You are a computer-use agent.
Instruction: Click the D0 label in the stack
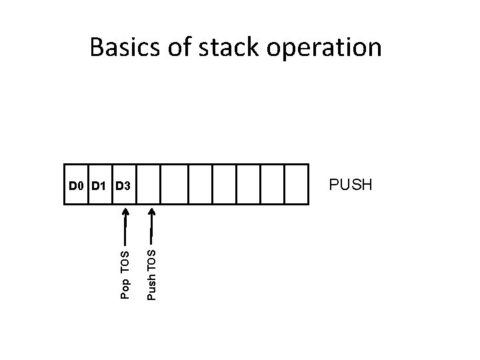[x=76, y=184]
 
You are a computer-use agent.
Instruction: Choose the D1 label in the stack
[x=99, y=184]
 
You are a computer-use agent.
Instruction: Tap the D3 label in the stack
[x=123, y=184]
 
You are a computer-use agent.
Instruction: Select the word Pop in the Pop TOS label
[x=125, y=287]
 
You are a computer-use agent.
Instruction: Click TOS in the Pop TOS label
[x=125, y=263]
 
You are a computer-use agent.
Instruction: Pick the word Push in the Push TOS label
[x=151, y=288]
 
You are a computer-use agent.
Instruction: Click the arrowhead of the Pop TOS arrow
[x=125, y=211]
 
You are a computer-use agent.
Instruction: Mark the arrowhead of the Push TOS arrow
[x=151, y=211]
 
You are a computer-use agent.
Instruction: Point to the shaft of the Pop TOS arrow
[x=125, y=230]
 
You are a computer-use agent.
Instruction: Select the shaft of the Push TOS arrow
[x=151, y=230]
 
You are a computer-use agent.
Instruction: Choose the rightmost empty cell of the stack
[x=297, y=184]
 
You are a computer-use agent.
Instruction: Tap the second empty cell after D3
[x=175, y=184]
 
